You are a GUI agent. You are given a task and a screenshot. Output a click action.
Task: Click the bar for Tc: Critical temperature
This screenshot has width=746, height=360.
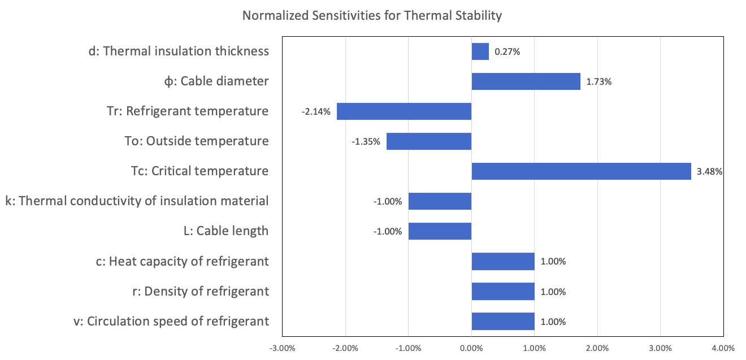click(581, 171)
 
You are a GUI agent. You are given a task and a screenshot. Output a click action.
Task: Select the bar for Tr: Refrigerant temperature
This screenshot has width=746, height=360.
click(404, 111)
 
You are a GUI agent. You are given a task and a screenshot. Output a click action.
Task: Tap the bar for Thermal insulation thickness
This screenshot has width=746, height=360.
click(480, 51)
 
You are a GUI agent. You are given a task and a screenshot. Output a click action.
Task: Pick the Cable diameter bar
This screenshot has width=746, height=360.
click(526, 81)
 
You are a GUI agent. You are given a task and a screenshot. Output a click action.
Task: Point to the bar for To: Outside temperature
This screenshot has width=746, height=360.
click(429, 141)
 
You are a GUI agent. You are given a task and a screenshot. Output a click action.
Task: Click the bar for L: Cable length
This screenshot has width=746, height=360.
click(440, 231)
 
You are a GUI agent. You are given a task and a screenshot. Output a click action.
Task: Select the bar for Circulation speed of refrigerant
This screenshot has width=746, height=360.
click(503, 321)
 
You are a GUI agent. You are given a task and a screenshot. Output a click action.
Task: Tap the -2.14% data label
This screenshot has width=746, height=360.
click(316, 111)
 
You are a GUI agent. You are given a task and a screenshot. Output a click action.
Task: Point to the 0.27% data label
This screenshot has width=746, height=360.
click(507, 51)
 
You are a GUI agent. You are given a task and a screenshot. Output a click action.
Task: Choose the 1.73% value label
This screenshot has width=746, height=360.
click(599, 81)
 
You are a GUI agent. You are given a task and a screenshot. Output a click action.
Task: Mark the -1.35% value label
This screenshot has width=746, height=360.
click(366, 141)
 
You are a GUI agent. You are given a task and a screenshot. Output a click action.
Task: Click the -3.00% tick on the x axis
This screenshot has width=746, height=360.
click(283, 348)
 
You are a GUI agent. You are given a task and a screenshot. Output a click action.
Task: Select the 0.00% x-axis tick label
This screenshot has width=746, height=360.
click(471, 348)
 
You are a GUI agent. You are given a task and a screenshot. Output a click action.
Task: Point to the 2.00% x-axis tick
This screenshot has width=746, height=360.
click(597, 348)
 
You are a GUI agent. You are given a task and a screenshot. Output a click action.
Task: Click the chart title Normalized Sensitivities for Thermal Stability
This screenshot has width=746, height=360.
click(372, 15)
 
